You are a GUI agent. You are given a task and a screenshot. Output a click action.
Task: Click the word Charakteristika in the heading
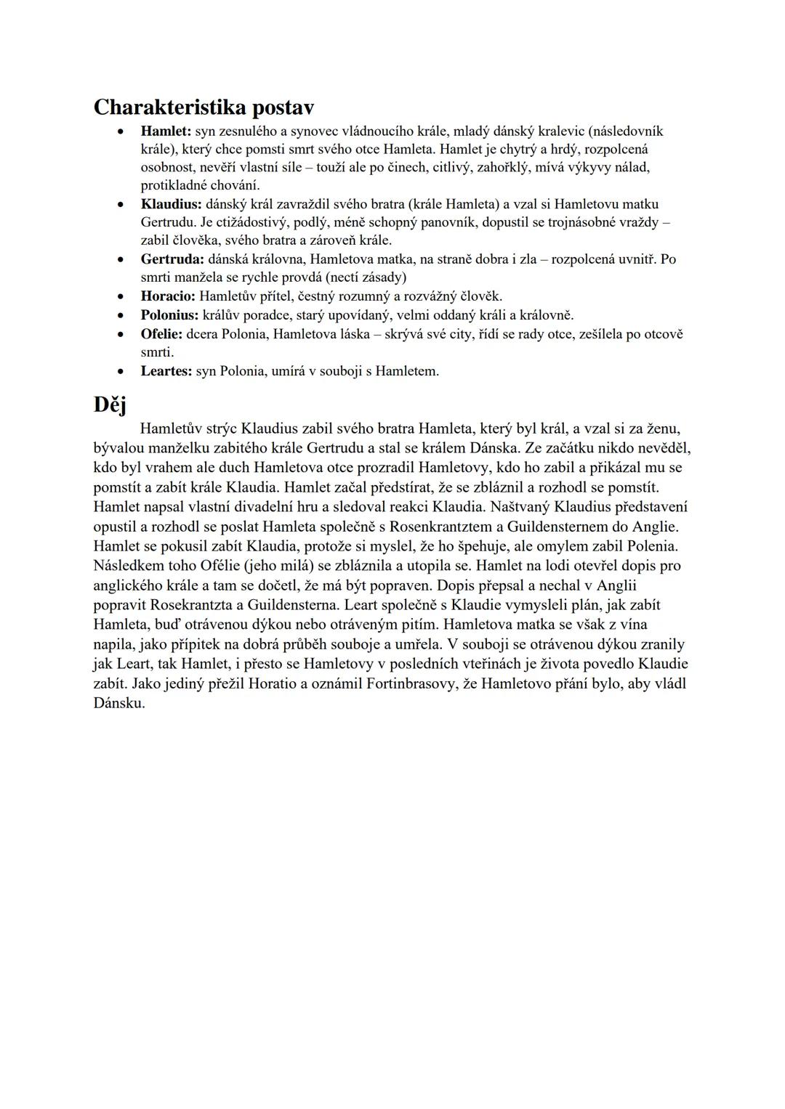(x=170, y=107)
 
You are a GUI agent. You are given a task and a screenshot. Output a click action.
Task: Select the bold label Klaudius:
(x=171, y=204)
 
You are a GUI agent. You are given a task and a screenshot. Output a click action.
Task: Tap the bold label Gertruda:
(x=173, y=259)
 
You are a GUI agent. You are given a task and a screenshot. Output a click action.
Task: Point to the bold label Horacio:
(x=168, y=296)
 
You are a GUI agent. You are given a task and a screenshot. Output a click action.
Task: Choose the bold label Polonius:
(x=169, y=315)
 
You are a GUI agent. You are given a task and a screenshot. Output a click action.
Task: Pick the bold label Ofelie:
(x=161, y=334)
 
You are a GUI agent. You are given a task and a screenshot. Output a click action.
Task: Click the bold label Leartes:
(x=166, y=371)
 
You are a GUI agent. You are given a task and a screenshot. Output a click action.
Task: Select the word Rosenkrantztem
(x=445, y=526)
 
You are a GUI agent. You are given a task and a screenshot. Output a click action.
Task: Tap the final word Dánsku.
(x=119, y=703)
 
